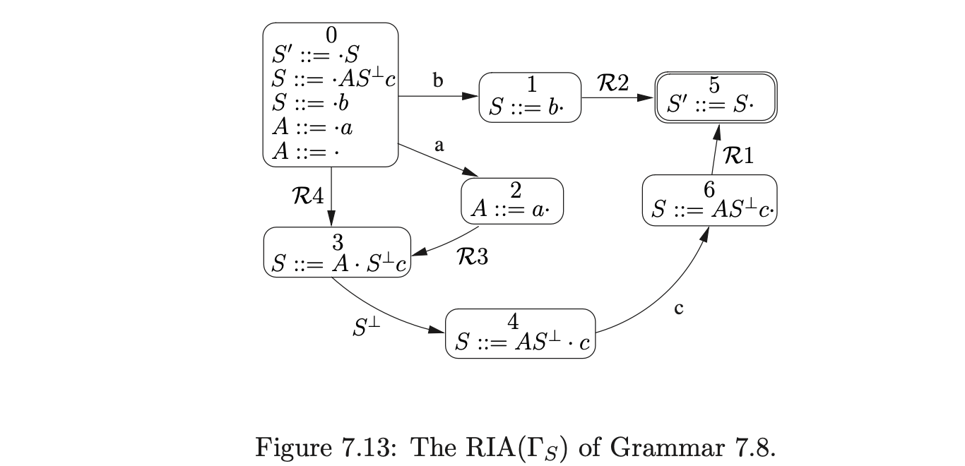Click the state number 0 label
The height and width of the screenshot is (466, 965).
(x=331, y=34)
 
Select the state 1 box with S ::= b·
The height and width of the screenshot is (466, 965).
(x=531, y=97)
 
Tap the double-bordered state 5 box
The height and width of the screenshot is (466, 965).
(x=714, y=97)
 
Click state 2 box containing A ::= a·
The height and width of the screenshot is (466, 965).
(x=512, y=201)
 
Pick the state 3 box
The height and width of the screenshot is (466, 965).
(x=337, y=253)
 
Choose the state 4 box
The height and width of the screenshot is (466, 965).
(x=521, y=333)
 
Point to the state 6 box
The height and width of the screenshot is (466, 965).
(x=709, y=201)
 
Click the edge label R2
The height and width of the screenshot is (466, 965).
(x=613, y=83)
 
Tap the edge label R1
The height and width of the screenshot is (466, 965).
(x=738, y=155)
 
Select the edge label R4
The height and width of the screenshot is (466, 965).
(x=308, y=196)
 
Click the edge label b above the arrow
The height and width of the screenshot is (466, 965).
(x=438, y=81)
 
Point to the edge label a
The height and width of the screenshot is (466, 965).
(x=439, y=146)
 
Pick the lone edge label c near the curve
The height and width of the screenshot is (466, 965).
(x=678, y=309)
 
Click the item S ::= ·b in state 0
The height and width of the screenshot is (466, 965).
(x=311, y=103)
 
